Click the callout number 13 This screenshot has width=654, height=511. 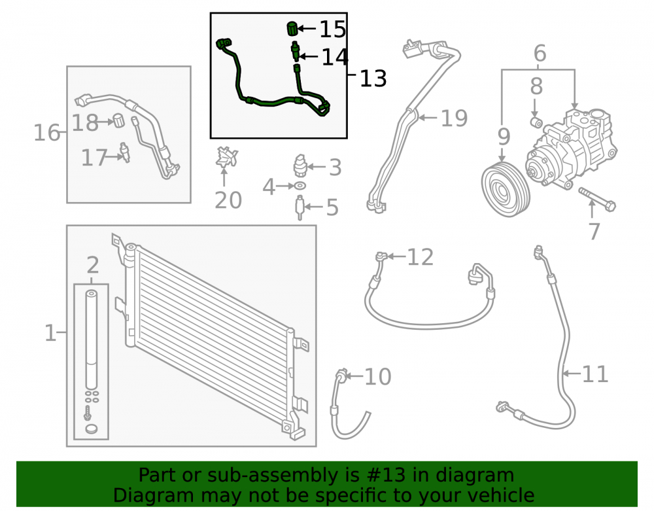tap(373, 79)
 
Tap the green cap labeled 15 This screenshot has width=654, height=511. tap(292, 29)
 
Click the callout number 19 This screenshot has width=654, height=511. tap(455, 118)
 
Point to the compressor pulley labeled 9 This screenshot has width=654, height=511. tap(506, 190)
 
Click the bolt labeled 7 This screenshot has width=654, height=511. tap(597, 200)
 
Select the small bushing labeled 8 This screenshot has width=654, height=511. tap(536, 122)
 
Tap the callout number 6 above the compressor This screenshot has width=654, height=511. tap(540, 54)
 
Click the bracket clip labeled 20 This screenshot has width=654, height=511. tap(226, 157)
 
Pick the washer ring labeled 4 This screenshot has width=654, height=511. tap(300, 186)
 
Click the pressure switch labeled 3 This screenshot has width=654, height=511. tap(300, 165)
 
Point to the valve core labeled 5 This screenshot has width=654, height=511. tap(300, 207)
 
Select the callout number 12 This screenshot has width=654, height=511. tap(420, 257)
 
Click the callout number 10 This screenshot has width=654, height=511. tap(377, 376)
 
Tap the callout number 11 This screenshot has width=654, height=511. tap(594, 374)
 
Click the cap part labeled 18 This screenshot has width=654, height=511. tap(119, 120)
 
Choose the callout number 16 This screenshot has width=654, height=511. tap(46, 133)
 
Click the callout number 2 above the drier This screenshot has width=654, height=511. tap(93, 265)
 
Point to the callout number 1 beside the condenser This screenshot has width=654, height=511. tap(50, 333)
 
